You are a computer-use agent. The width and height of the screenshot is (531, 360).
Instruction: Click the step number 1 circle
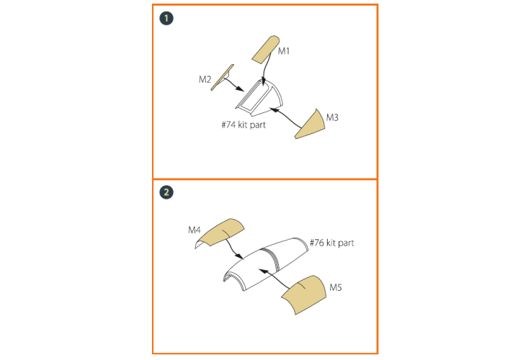point(166,18)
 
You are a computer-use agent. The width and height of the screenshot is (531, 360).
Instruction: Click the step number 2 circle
point(166,192)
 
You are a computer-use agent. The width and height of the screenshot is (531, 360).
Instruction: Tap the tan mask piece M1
point(265,50)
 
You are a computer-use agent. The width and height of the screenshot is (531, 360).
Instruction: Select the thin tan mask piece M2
point(222,78)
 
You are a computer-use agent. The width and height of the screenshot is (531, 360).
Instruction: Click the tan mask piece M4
point(220,233)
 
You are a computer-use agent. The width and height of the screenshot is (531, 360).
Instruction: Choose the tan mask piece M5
point(304,294)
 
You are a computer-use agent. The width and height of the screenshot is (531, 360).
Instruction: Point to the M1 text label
point(284,51)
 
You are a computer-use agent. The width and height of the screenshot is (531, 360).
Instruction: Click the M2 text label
point(205,79)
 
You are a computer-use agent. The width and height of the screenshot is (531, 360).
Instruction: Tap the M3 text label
point(332,117)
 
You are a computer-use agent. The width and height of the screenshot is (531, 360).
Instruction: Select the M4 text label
point(195,230)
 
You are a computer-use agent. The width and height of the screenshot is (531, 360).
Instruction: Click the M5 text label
point(336,287)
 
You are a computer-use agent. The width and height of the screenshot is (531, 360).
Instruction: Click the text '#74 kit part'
point(244,125)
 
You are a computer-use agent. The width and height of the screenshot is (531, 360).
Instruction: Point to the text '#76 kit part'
point(332,243)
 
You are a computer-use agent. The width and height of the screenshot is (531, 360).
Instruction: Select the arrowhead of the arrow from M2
point(240,89)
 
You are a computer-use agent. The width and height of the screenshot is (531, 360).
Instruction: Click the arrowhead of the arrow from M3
point(274,109)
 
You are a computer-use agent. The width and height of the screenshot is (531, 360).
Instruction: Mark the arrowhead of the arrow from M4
point(240,257)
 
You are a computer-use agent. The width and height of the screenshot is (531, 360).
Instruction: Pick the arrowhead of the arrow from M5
point(263,271)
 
